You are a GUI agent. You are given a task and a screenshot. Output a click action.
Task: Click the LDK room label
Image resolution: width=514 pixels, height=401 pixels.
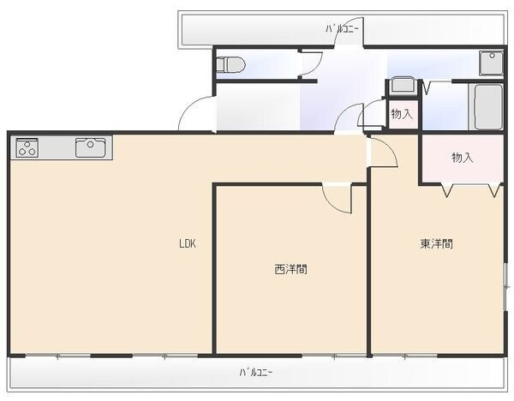tap(188, 243)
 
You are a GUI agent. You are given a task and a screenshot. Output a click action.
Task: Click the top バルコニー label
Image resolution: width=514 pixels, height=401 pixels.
tap(344, 29)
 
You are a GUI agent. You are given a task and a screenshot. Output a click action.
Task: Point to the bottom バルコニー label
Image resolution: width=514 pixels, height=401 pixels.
tap(256, 372)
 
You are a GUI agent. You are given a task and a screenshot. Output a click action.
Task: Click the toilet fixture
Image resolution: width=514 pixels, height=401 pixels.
tap(232, 64)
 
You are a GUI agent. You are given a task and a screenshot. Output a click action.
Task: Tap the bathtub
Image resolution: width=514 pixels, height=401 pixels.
tap(488, 106)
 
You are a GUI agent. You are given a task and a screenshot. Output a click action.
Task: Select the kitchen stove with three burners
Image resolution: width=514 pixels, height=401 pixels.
tap(27, 147)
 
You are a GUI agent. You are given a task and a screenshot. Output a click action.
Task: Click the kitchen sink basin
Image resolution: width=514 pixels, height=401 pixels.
tap(89, 148)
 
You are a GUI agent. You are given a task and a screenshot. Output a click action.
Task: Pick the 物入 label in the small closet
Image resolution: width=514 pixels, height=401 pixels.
tap(401, 113)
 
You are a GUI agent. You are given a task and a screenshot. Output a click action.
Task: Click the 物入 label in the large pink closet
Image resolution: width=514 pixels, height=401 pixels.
tap(463, 158)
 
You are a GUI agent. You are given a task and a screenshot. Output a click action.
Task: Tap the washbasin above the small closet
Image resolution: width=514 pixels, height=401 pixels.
tap(401, 87)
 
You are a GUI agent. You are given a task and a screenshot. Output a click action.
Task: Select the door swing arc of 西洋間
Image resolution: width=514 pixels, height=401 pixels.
tap(337, 199)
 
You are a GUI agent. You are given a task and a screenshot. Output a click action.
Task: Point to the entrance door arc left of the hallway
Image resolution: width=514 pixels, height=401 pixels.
tap(195, 115)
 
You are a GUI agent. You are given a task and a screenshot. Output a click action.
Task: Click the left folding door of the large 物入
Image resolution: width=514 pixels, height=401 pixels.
tap(446, 191)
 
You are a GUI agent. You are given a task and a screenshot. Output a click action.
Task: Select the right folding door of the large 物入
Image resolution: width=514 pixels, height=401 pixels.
tap(493, 191)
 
